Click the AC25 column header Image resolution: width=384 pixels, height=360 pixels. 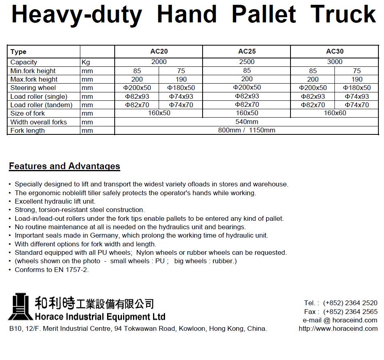click(247, 51)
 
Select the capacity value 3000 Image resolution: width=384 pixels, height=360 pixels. click(334, 62)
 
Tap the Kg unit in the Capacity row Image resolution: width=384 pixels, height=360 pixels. click(86, 62)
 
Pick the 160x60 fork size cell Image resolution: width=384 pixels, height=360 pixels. click(334, 113)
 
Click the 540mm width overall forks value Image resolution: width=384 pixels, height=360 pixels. click(247, 122)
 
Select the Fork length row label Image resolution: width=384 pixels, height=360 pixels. click(28, 130)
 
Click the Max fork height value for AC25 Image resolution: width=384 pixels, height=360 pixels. click(247, 79)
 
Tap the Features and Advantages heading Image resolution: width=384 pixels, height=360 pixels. click(64, 166)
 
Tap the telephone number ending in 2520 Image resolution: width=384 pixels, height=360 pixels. click(350, 303)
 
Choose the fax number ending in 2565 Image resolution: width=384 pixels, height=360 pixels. click(350, 312)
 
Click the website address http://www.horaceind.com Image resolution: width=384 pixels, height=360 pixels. click(338, 328)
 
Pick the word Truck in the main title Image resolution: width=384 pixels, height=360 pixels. click(343, 14)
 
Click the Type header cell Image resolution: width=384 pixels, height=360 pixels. click(18, 52)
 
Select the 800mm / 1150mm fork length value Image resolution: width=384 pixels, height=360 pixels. click(247, 130)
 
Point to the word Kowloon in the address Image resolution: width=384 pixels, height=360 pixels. click(191, 328)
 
